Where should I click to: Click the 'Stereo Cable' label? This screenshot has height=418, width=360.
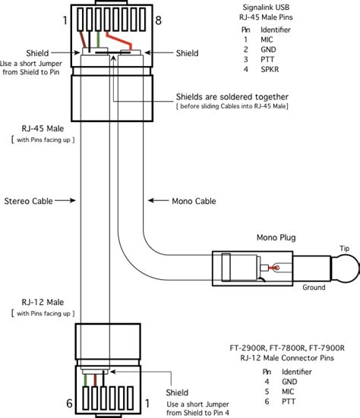[28, 201]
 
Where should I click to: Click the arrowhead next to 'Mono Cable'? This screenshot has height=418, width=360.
[150, 201]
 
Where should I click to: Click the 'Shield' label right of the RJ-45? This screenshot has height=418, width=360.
[188, 53]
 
